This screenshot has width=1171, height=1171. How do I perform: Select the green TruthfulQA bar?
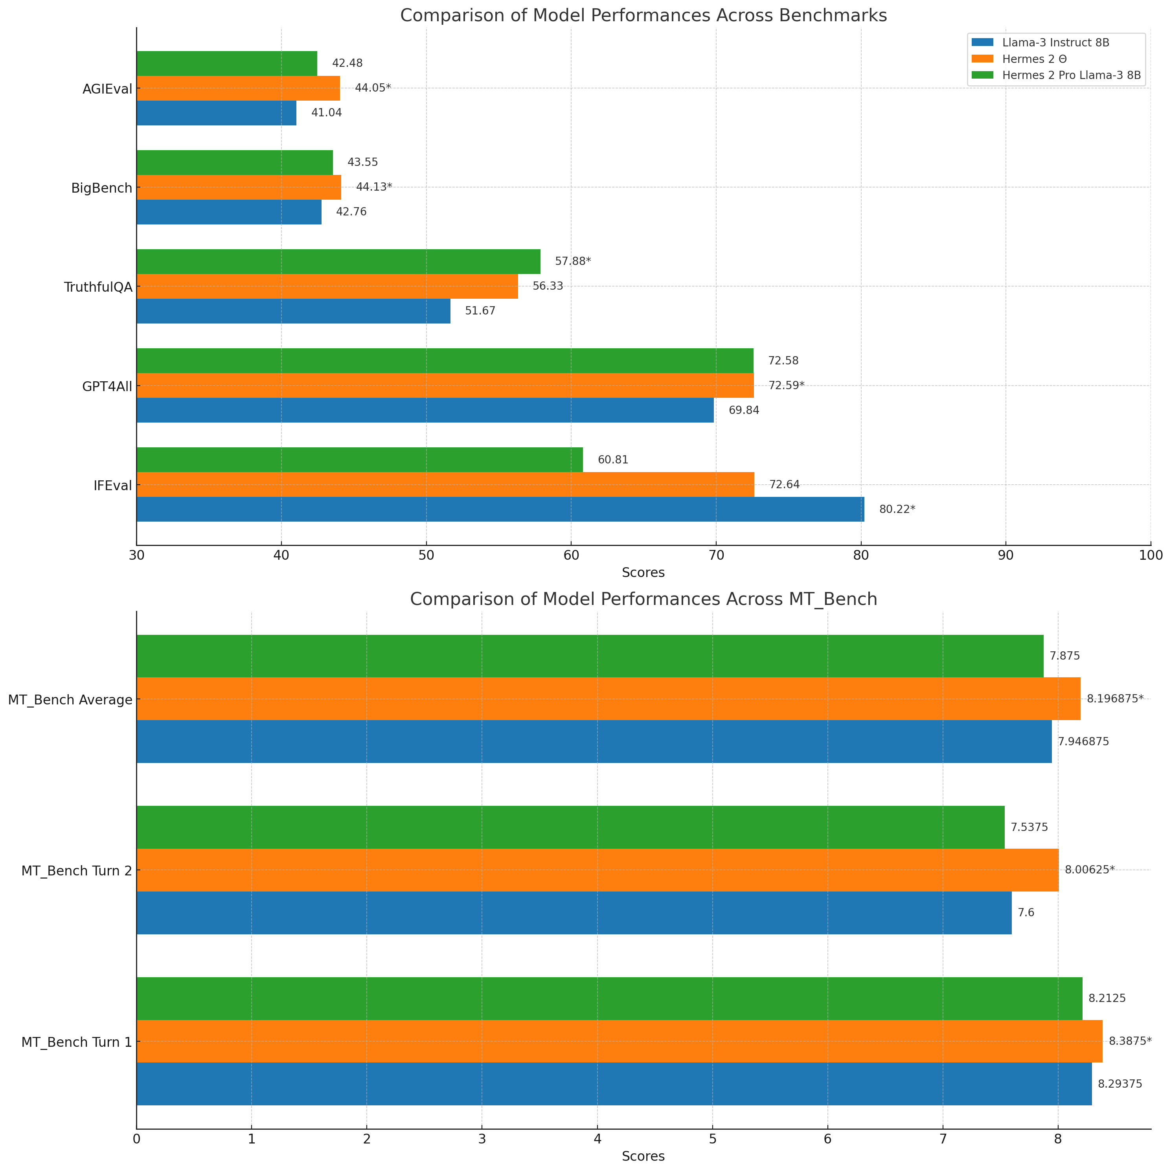338,261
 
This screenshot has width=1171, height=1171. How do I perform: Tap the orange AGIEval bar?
238,88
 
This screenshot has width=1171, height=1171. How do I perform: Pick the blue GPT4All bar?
425,410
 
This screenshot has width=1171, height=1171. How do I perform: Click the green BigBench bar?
235,162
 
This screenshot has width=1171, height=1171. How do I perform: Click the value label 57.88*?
573,261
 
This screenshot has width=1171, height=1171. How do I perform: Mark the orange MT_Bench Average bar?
608,699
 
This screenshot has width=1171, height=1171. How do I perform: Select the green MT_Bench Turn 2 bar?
570,827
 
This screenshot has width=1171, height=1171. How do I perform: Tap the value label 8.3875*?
1130,1041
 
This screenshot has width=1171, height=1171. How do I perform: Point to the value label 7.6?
1026,913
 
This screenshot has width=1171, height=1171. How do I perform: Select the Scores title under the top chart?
643,573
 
